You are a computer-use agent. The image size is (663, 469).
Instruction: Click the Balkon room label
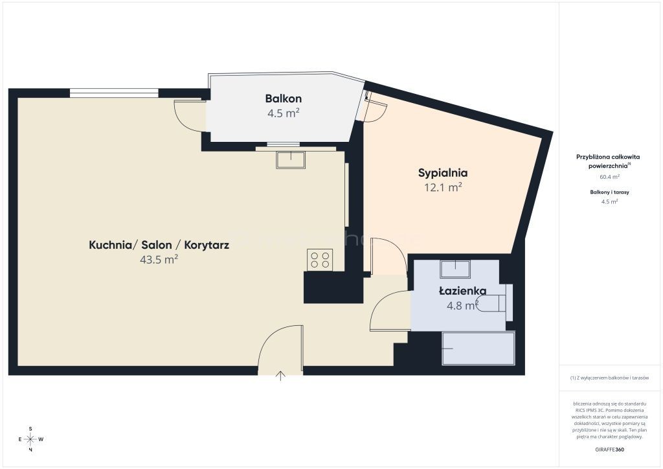(284, 99)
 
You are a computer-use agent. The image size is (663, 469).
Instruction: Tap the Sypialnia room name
(443, 173)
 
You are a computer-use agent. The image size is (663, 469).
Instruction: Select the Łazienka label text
(462, 291)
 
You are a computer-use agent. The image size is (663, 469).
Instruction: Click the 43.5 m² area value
(159, 259)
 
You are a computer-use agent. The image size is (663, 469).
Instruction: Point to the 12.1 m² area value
(443, 187)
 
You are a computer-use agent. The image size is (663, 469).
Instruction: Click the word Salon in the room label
(157, 246)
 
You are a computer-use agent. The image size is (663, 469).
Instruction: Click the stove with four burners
(320, 260)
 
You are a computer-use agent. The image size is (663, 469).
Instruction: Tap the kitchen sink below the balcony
(291, 160)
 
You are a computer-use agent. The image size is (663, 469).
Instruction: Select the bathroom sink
(455, 269)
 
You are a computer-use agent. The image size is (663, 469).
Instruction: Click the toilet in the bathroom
(495, 303)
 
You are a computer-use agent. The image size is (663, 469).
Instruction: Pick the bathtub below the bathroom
(478, 349)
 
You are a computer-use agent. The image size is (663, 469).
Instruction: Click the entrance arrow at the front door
(280, 376)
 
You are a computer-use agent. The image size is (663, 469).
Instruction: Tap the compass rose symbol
(30, 439)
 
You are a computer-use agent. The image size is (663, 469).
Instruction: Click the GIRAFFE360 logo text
(609, 450)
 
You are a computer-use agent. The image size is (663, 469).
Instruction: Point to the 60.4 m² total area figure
(609, 177)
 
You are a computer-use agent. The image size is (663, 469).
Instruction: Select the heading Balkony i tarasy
(609, 192)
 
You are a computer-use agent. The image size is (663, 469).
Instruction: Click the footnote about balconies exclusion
(609, 378)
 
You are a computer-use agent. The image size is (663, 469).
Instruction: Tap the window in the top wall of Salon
(114, 93)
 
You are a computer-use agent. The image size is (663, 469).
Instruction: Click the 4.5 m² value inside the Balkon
(284, 113)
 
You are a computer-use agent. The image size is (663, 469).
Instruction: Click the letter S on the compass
(30, 429)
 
